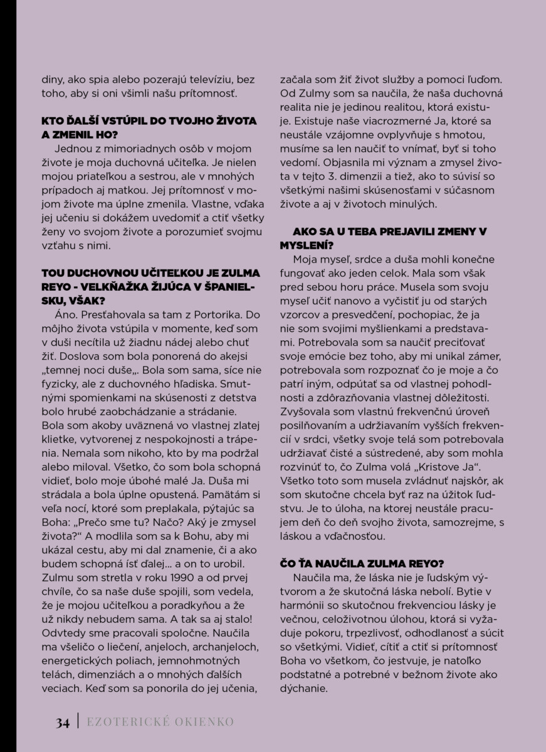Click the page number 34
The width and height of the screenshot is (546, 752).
(x=61, y=723)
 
